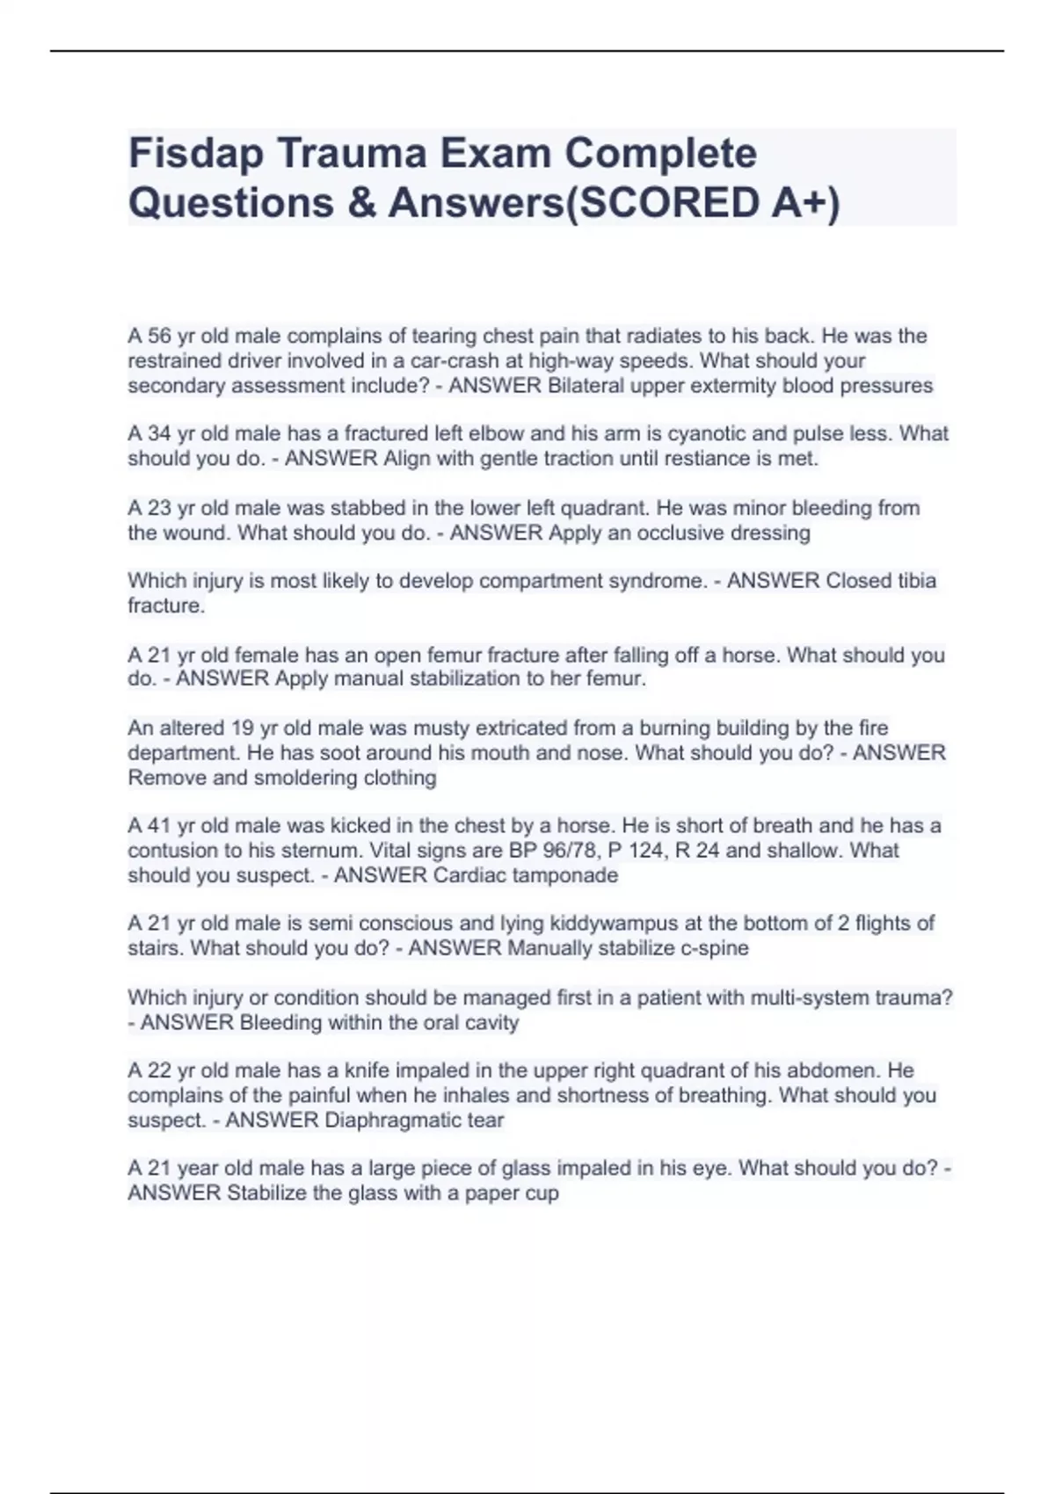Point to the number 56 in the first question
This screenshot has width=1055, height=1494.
tap(159, 337)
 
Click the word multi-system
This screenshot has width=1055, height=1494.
tap(814, 998)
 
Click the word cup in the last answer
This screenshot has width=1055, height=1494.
tap(543, 1193)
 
